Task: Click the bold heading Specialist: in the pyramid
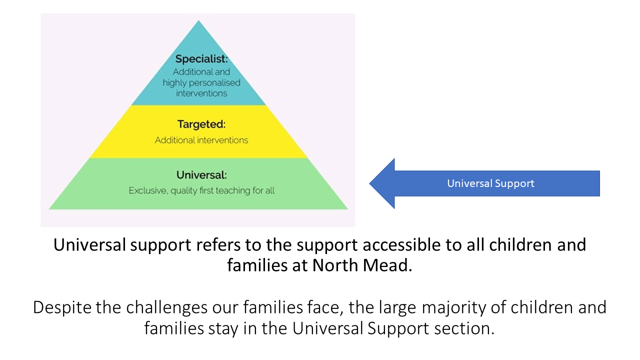pos(201,59)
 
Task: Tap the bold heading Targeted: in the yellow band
pos(201,124)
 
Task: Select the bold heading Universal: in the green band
pos(201,175)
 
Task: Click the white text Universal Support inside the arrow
pos(490,183)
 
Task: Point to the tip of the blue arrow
pos(369,183)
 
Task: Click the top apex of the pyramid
pos(198,20)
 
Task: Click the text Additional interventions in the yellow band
pos(201,140)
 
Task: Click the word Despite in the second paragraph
pos(62,308)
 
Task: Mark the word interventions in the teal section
pos(201,93)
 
